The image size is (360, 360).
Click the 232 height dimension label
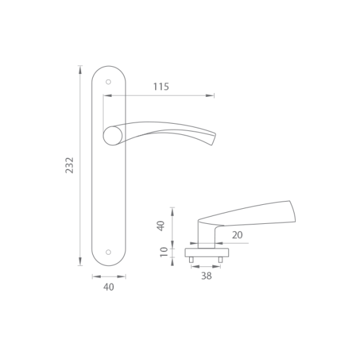click(x=69, y=165)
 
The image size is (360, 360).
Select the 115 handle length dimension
click(x=161, y=86)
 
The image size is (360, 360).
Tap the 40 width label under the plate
click(x=109, y=287)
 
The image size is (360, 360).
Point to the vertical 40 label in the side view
click(x=161, y=226)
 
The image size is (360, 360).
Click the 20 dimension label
click(x=237, y=235)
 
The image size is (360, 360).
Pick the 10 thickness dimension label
click(x=164, y=252)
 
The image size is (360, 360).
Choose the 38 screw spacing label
click(x=206, y=276)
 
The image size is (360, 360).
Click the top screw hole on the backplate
click(x=109, y=82)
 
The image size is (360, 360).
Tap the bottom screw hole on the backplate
click(x=109, y=252)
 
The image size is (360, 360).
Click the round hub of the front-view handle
click(x=113, y=135)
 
